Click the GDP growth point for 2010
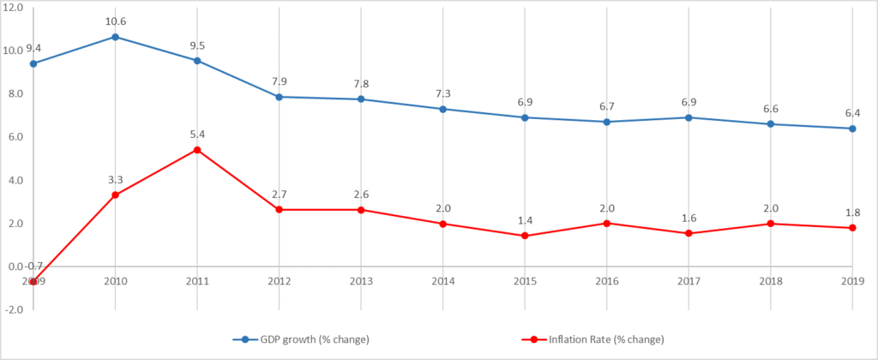coord(115,37)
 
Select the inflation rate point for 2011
coord(197,150)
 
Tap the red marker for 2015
coord(525,236)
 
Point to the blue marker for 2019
coord(852,129)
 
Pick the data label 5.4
coord(197,135)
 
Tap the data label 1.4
coord(525,220)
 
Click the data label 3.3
coord(115,179)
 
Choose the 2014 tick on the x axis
coord(442,280)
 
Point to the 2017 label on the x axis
coord(689,280)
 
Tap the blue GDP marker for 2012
coord(279,97)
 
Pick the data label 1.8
coord(852,213)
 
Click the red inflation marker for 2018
coord(771,224)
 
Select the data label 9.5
coord(197,45)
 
